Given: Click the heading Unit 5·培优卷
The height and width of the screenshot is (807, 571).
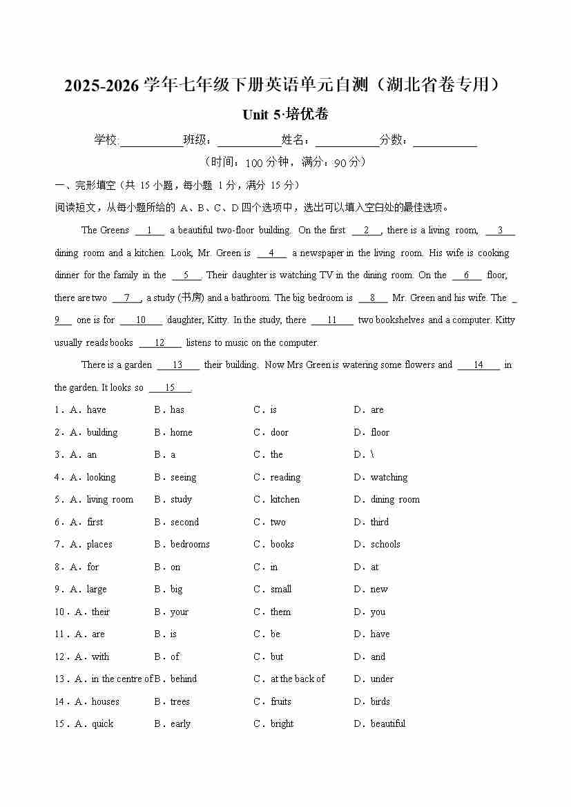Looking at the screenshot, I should click(285, 115).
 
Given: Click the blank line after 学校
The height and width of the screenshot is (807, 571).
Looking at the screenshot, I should click(151, 142).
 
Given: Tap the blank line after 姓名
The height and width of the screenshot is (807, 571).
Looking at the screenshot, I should click(347, 142).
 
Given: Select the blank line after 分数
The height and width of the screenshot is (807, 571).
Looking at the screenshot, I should click(445, 142).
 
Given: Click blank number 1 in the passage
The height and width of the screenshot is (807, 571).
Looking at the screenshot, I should click(150, 231).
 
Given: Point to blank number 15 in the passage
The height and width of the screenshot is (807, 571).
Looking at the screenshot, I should click(170, 388).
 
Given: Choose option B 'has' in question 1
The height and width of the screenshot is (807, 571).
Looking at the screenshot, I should click(177, 410).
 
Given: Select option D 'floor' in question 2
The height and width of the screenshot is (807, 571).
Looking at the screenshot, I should click(380, 433).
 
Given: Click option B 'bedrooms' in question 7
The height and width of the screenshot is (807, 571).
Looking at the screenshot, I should click(190, 545).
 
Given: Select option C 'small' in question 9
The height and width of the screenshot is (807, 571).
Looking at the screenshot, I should click(280, 590).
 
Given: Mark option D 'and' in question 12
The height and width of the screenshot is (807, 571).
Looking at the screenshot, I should click(378, 657).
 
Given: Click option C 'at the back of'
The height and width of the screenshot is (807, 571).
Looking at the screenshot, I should click(298, 679).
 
